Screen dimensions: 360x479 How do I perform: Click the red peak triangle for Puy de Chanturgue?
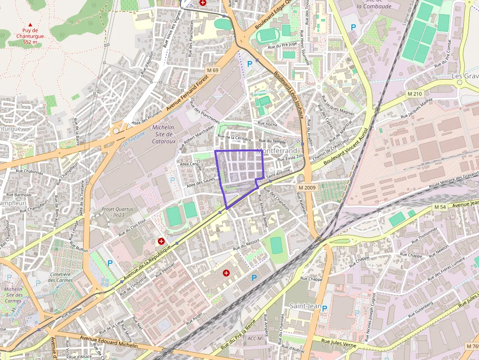pos(30,24)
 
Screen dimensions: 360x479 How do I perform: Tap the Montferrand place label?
pos(277,151)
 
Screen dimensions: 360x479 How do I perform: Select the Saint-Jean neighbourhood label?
pos(305,306)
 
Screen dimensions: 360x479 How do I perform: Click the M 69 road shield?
pos(213,70)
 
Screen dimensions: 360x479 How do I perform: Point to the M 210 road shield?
pos(414,93)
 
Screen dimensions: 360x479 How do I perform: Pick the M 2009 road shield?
pos(306,188)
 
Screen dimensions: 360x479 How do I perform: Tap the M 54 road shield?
pos(440,207)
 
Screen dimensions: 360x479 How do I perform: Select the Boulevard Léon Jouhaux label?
pos(289,96)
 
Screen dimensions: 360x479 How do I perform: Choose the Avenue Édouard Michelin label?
pos(102,341)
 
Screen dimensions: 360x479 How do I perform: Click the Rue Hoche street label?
pos(267,125)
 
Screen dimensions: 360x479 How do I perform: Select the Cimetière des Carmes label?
pos(61,277)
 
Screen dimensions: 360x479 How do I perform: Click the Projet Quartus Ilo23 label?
pos(117,212)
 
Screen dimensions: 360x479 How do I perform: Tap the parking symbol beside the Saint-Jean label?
pos(324,308)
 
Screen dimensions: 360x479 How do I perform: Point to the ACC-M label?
pos(255,338)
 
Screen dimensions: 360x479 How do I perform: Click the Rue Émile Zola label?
pos(290,158)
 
